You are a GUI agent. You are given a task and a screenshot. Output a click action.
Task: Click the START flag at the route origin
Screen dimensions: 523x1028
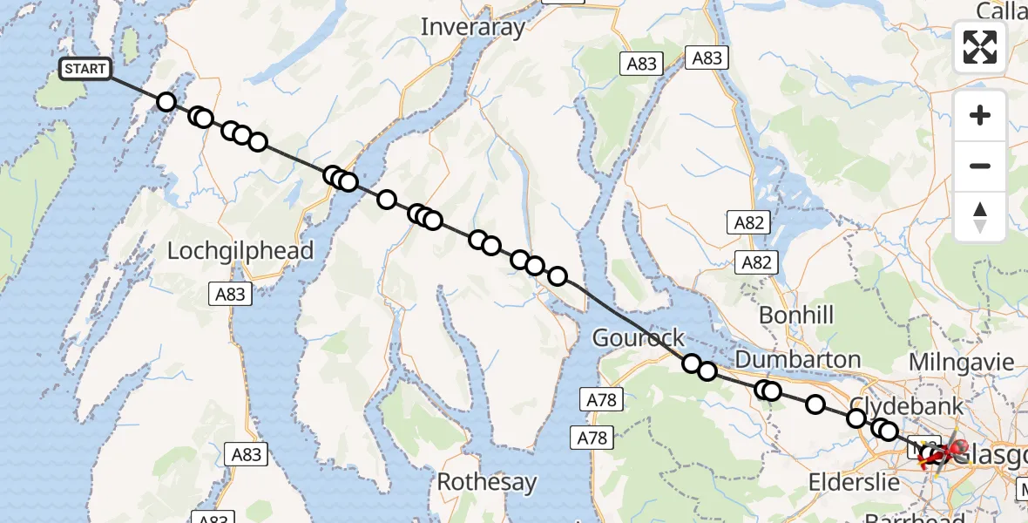click(x=85, y=69)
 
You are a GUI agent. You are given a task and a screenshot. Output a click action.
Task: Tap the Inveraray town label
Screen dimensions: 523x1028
click(x=473, y=27)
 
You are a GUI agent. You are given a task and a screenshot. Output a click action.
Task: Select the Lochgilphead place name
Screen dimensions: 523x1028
click(x=240, y=251)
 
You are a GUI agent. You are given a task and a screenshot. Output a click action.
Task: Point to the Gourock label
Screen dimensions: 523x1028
click(x=638, y=337)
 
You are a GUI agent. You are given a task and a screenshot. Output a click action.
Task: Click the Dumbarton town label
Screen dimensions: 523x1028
click(x=798, y=359)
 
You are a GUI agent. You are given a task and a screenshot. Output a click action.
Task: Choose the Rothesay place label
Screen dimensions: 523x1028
click(x=486, y=481)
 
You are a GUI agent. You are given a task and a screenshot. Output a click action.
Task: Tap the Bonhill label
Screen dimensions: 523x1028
click(x=796, y=315)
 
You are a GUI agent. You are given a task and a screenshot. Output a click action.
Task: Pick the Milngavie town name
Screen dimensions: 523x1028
click(x=962, y=361)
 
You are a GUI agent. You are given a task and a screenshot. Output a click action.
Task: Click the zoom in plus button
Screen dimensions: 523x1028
click(x=980, y=115)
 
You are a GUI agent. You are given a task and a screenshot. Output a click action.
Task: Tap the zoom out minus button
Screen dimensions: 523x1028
click(x=980, y=166)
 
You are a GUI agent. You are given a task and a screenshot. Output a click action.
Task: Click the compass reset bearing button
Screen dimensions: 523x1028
click(x=980, y=216)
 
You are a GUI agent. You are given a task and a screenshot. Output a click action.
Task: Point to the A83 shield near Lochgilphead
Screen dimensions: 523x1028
click(x=230, y=295)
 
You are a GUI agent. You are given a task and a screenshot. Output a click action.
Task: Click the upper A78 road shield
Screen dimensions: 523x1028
click(x=601, y=400)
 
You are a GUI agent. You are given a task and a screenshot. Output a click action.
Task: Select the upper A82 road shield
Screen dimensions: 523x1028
click(x=748, y=222)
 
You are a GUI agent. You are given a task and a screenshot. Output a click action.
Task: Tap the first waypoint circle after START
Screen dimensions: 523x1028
click(x=166, y=102)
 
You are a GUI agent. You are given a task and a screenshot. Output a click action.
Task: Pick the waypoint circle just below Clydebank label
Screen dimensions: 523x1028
click(x=856, y=418)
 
